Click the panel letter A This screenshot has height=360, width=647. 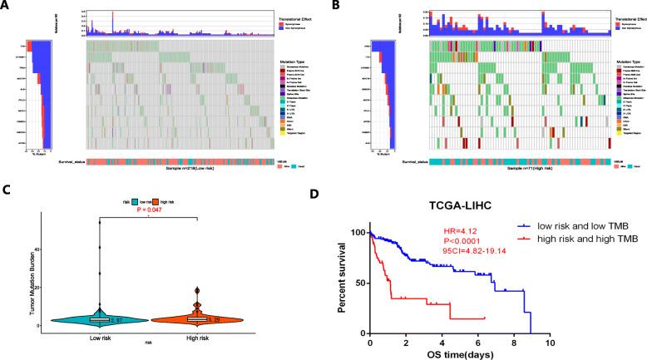(x=7, y=7)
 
